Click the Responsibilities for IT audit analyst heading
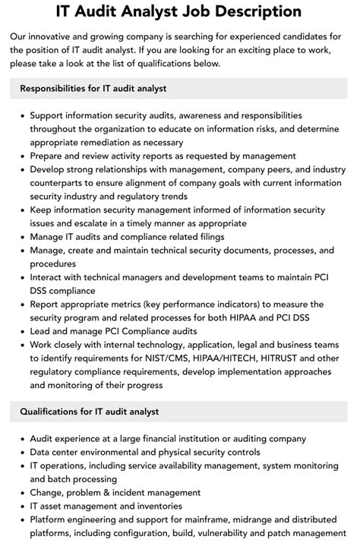tap(93, 89)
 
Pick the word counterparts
tap(62, 183)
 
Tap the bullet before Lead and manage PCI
tap(21, 332)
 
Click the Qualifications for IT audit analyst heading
tap(88, 412)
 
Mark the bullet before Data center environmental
tap(21, 452)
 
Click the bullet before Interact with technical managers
tap(21, 277)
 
